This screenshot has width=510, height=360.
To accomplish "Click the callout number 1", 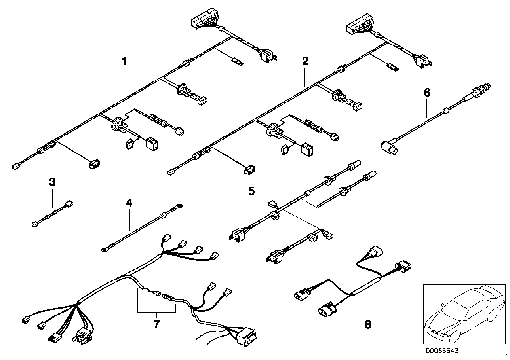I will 124,61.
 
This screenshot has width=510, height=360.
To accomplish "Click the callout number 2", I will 305,61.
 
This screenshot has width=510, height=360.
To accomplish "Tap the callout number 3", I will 52,182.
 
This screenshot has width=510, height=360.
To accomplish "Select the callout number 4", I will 129,203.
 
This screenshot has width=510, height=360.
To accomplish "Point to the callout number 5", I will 251,191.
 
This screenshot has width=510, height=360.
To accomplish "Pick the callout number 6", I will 426,93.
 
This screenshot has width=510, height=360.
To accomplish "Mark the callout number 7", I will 156,324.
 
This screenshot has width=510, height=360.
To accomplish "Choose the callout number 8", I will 368,324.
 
